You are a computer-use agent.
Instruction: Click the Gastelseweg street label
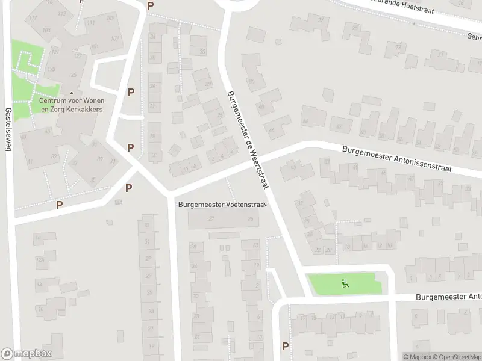click(x=8, y=132)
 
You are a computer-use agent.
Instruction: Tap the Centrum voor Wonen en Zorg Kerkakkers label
click(x=71, y=105)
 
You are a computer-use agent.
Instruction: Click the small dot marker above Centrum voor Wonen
click(x=72, y=93)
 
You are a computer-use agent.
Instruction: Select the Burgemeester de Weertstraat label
click(x=248, y=141)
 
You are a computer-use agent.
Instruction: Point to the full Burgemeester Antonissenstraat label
click(x=410, y=161)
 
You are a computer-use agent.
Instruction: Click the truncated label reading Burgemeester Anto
click(x=449, y=297)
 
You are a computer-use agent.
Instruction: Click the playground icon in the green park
click(x=345, y=283)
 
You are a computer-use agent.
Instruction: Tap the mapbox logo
click(x=27, y=354)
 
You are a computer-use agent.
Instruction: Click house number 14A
click(x=119, y=202)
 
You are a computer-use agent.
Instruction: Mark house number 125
click(x=73, y=75)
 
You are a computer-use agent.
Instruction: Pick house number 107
click(x=114, y=39)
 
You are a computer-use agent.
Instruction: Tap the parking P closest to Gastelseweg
click(x=59, y=205)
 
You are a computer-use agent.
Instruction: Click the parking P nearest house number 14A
click(x=128, y=188)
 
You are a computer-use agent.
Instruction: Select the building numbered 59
click(x=252, y=81)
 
